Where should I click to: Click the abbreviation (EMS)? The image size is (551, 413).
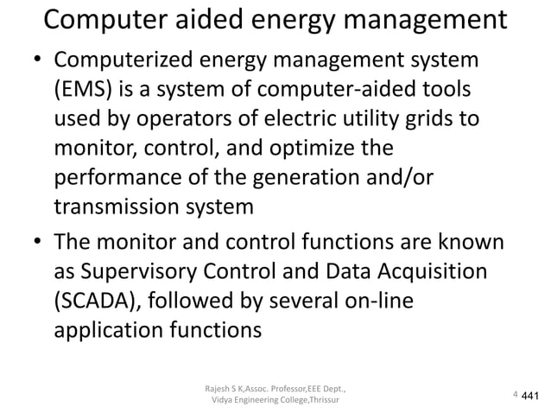83,91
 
